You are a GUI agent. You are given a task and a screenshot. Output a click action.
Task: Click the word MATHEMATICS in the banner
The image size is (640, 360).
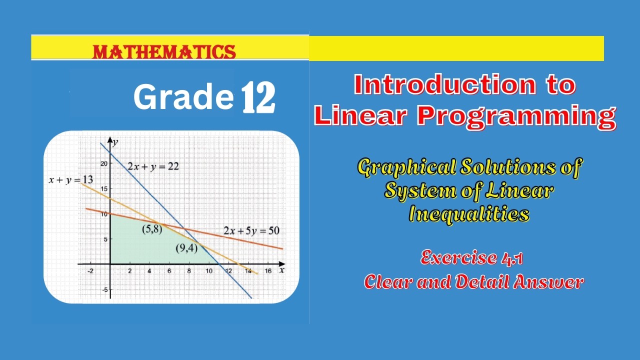pyautogui.click(x=164, y=52)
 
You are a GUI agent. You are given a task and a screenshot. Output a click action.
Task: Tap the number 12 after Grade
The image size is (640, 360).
pyautogui.click(x=258, y=98)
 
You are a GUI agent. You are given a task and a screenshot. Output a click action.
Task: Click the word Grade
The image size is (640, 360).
pyautogui.click(x=183, y=97)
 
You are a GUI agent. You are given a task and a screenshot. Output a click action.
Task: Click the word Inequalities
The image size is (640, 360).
pyautogui.click(x=469, y=214)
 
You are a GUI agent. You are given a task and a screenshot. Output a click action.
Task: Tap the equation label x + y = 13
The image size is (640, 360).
pyautogui.click(x=70, y=180)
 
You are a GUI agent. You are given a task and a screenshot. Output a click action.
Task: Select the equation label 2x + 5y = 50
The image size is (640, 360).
pyautogui.click(x=251, y=231)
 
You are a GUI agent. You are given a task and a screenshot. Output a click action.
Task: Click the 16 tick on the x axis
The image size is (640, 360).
pyautogui.click(x=268, y=271)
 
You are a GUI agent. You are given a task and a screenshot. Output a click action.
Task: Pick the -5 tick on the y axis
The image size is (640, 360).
pyautogui.click(x=103, y=289)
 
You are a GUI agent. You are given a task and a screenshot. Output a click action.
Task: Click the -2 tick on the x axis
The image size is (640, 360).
pyautogui.click(x=90, y=271)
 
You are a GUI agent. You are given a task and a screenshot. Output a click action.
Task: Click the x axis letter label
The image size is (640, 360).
pyautogui.click(x=282, y=270)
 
